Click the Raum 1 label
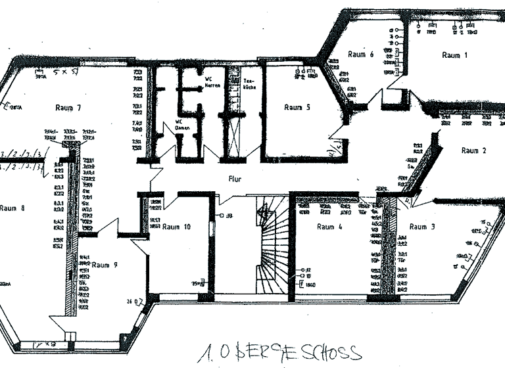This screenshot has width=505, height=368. [x=454, y=56]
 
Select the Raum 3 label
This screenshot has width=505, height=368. [x=422, y=227]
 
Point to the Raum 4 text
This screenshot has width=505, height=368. [x=329, y=227]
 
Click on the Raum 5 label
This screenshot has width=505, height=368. [x=297, y=107]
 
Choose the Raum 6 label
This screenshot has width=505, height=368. [x=361, y=55]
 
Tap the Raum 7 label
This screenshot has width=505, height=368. [x=68, y=107]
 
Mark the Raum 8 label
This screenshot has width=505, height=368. [x=12, y=208]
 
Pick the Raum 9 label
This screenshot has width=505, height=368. [x=105, y=265]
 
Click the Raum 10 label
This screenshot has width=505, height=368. [x=176, y=227]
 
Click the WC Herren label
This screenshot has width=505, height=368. [x=212, y=83]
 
